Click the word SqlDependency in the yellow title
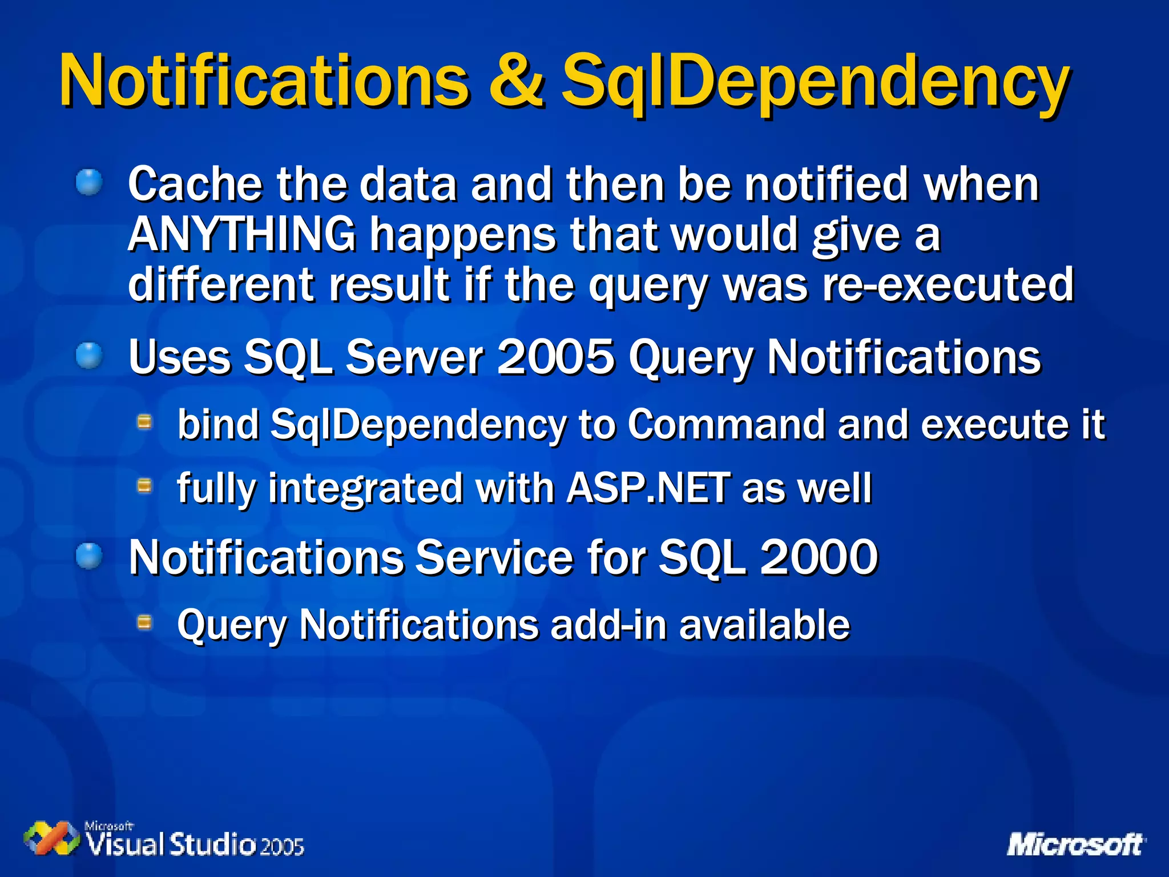pyautogui.click(x=815, y=81)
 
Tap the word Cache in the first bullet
pyautogui.click(x=195, y=184)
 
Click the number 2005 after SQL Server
pyautogui.click(x=556, y=357)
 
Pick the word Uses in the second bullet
pyautogui.click(x=179, y=357)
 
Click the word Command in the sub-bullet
pyautogui.click(x=726, y=425)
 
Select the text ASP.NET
pyautogui.click(x=648, y=489)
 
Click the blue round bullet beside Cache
pyautogui.click(x=90, y=183)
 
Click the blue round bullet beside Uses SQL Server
pyautogui.click(x=90, y=356)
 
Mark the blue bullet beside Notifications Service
pyautogui.click(x=90, y=556)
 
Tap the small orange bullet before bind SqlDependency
pyautogui.click(x=145, y=423)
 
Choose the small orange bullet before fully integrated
pyautogui.click(x=145, y=486)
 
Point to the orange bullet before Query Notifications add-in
pyautogui.click(x=145, y=622)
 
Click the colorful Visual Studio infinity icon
pyautogui.click(x=52, y=839)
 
